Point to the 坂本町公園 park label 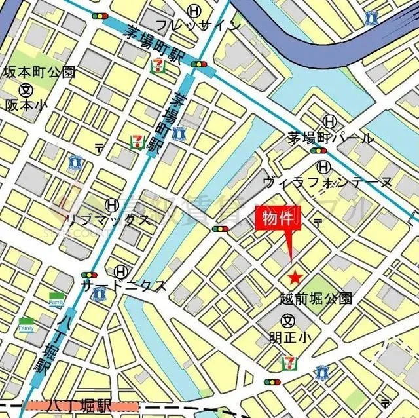30,71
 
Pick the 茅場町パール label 331,138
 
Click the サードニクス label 123,286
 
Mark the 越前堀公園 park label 312,299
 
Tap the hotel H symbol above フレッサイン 194,10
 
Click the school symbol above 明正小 287,320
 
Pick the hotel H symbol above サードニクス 120,271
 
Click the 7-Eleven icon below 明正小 289,362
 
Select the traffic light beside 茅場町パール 321,151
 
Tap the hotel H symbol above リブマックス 113,205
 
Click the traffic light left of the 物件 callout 221,229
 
